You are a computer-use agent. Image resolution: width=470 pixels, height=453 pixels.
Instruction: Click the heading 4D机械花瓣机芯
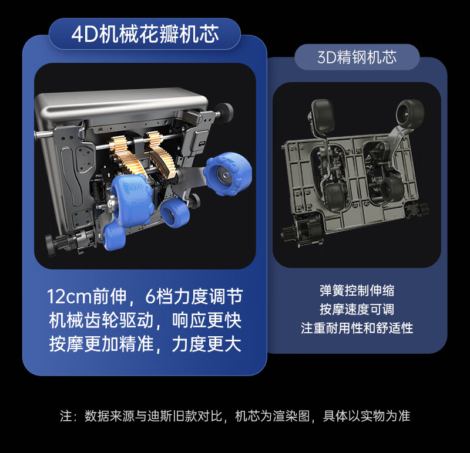pos(145,34)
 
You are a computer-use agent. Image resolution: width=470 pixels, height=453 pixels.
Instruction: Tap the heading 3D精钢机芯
pos(357,57)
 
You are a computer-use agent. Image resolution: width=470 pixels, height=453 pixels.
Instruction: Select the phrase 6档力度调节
pos(194,296)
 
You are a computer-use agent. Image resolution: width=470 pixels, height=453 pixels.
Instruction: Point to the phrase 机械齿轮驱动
pos(101,320)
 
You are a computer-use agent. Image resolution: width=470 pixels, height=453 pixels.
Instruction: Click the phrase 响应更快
pos(207,320)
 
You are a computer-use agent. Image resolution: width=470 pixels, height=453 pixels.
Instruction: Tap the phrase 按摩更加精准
pos(101,344)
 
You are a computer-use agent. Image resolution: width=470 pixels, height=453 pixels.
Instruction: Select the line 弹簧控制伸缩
pos(357,290)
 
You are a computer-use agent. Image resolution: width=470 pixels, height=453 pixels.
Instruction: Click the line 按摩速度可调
pos(357,309)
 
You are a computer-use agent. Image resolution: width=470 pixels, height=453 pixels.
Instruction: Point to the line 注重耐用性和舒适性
pos(357,328)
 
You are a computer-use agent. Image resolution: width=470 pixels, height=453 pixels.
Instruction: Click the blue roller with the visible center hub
pos(228,174)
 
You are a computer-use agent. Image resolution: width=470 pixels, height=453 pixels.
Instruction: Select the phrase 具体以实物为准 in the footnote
pos(367,416)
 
